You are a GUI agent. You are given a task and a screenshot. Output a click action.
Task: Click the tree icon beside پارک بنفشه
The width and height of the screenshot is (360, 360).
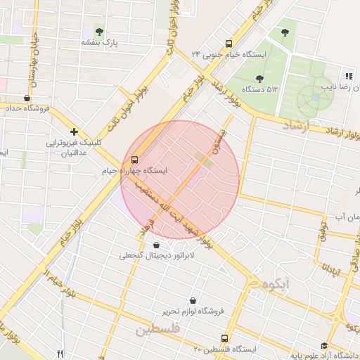[99, 32]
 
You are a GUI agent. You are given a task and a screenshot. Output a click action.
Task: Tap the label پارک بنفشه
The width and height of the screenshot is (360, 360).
[97, 43]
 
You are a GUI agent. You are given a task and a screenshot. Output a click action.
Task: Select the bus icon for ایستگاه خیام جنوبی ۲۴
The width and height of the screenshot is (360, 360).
[227, 43]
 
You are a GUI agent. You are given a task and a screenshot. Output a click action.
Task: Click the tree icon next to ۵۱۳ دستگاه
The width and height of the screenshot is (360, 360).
[260, 79]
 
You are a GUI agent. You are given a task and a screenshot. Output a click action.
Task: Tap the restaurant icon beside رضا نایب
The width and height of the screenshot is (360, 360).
[348, 76]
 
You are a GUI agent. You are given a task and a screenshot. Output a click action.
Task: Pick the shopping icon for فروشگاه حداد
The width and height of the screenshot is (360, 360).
[27, 98]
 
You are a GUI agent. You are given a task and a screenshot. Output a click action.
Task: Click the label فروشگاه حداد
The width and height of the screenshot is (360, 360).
[27, 109]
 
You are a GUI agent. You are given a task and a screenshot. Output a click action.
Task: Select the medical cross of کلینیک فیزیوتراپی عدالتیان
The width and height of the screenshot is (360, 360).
[74, 131]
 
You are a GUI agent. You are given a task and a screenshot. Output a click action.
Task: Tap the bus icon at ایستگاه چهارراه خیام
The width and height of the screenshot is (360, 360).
[135, 160]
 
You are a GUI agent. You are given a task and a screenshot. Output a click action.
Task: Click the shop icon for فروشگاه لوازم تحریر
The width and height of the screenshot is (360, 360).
[193, 300]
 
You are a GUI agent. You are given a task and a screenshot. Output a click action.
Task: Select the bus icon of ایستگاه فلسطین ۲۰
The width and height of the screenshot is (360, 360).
[224, 338]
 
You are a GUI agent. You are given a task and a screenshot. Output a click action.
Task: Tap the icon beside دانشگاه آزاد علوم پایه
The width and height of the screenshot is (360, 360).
[323, 345]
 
